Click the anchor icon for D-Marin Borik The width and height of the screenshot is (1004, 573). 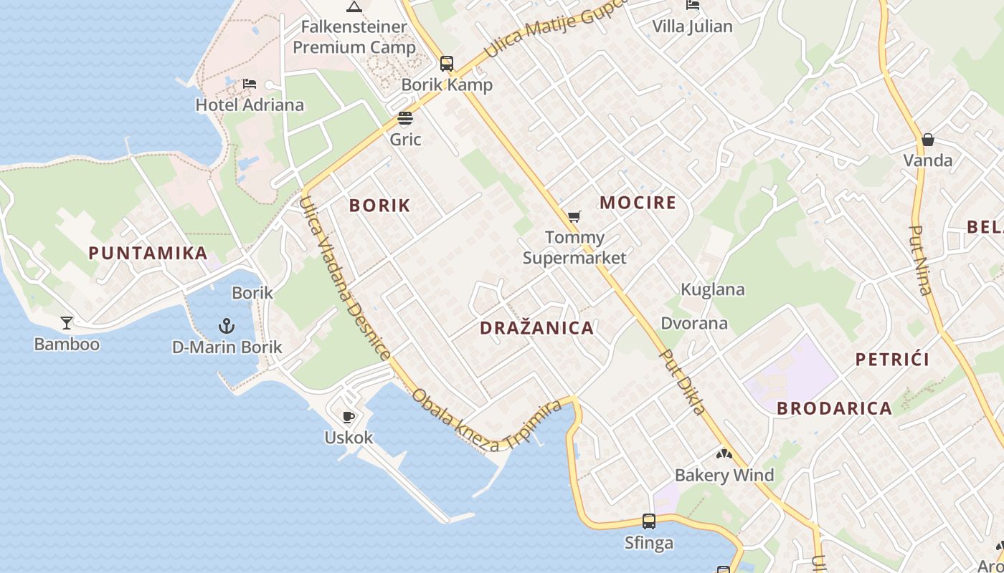click(227, 327)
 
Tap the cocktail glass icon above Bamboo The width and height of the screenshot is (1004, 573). click(67, 323)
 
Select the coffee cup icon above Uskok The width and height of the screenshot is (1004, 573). click(349, 417)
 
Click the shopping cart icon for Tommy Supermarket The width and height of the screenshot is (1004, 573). click(574, 216)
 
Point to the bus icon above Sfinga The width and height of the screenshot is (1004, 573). click(648, 521)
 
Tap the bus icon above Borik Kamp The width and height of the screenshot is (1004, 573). click(447, 64)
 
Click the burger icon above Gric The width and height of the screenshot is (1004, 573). click(405, 118)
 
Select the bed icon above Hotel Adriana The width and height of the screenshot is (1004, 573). click(250, 84)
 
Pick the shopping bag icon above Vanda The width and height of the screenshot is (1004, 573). click(927, 139)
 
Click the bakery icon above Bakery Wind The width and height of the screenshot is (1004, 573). click(724, 454)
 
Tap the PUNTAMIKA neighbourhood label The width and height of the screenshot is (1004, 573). click(148, 253)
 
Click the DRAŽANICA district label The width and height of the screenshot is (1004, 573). click(536, 328)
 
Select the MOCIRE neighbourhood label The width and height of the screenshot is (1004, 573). click(638, 203)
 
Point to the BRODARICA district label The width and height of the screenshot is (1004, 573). click(834, 408)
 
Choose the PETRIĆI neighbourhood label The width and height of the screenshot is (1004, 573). click(892, 360)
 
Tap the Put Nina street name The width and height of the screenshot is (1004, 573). click(920, 260)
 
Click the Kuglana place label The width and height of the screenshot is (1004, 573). click(712, 290)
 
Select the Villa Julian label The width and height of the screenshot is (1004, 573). click(692, 27)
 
